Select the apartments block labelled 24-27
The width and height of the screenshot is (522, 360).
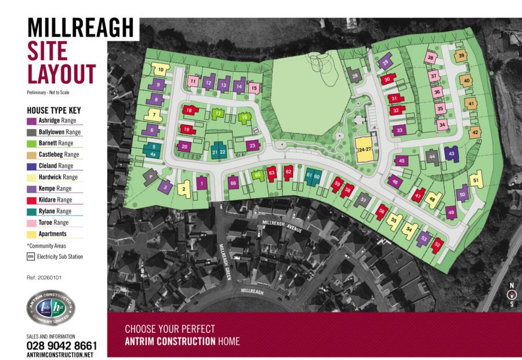(364, 150)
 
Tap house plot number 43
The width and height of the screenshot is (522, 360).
(451, 153)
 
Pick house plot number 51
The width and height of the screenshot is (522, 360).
(476, 180)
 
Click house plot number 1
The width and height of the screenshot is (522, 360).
(201, 183)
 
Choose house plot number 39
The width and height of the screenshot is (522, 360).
(461, 56)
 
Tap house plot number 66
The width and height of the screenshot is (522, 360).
(233, 183)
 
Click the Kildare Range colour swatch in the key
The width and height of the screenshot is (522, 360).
(32, 199)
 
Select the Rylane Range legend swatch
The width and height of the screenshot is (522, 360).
(32, 211)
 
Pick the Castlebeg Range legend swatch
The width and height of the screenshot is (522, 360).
(32, 154)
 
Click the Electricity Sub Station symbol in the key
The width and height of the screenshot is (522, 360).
(31, 256)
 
